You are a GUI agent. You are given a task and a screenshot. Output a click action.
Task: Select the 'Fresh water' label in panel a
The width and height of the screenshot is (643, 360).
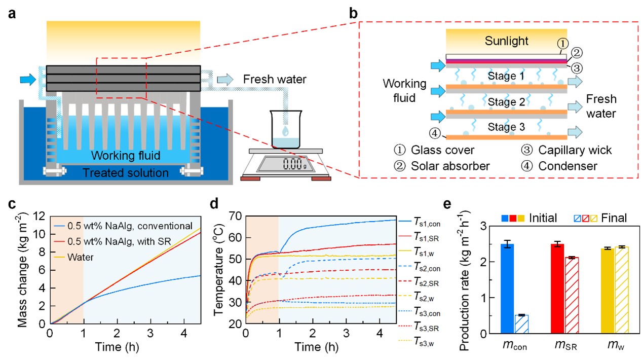coord(274,79)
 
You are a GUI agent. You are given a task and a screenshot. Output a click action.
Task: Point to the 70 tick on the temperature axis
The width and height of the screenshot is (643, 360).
coord(235,215)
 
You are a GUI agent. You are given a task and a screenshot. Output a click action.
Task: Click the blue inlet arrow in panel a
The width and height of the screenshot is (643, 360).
coord(28,79)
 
